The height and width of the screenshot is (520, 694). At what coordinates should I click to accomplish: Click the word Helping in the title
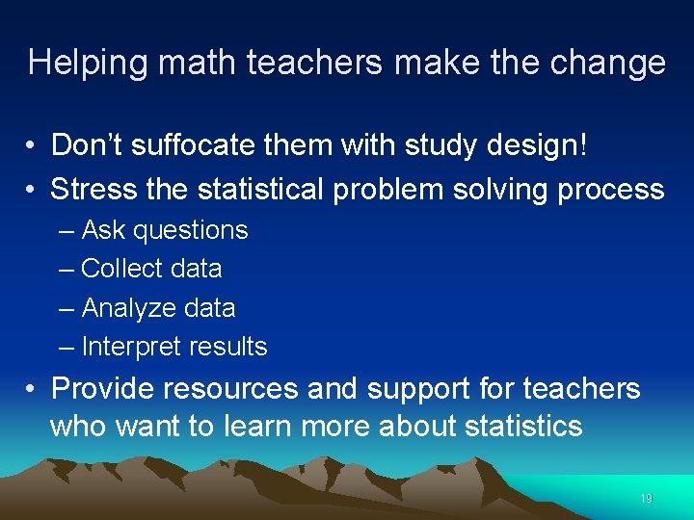tap(87, 64)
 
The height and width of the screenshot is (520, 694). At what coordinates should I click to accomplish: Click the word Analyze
tap(122, 308)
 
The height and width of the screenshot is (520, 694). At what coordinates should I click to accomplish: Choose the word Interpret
tap(126, 347)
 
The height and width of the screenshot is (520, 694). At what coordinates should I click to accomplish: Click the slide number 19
tap(646, 499)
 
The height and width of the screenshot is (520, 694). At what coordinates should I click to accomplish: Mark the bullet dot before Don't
tap(33, 146)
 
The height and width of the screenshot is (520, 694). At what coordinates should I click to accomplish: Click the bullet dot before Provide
tap(33, 390)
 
